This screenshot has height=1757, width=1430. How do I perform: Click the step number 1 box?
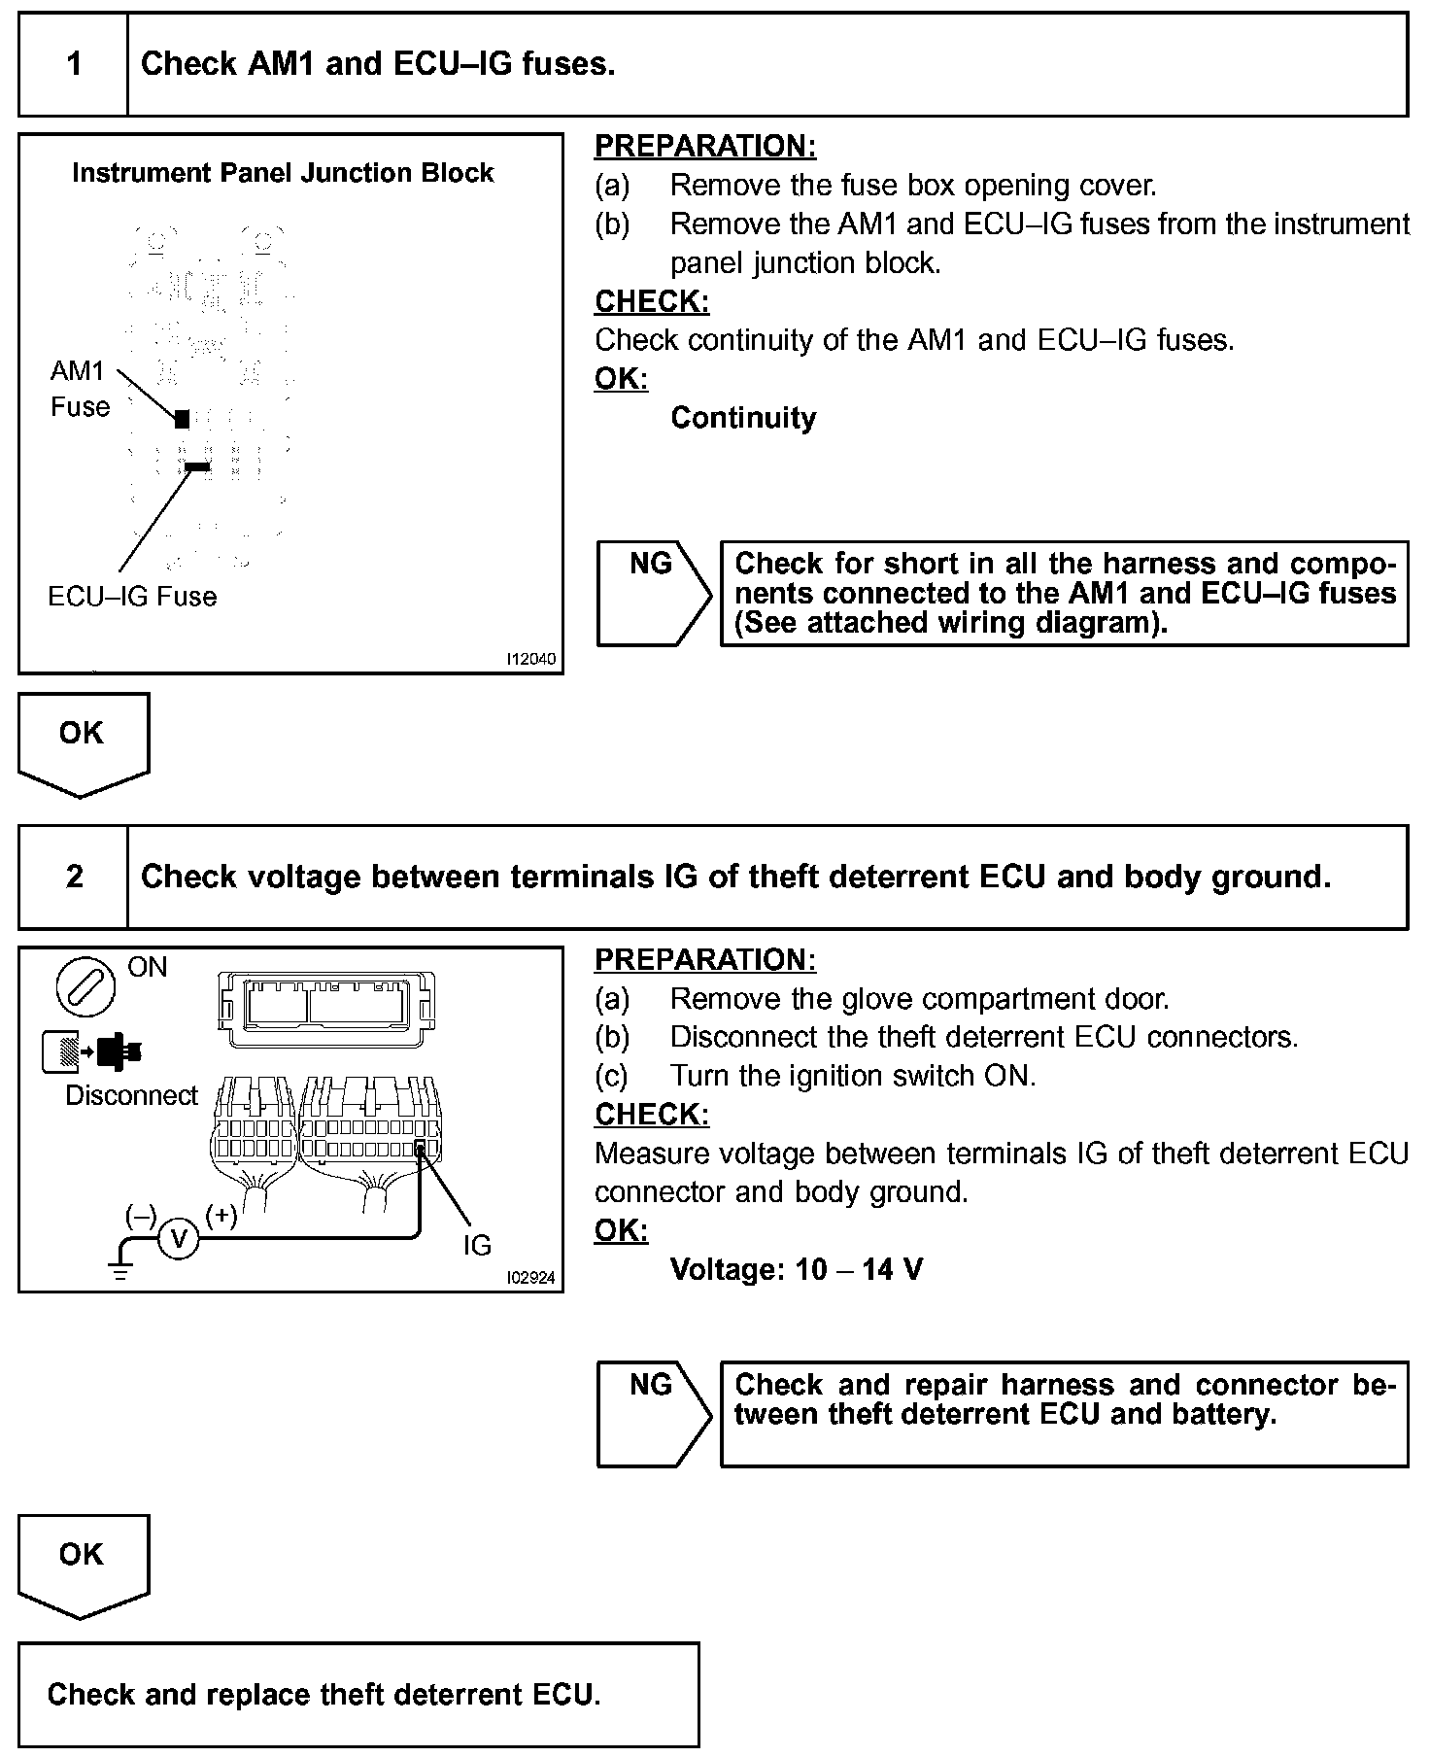pyautogui.click(x=74, y=64)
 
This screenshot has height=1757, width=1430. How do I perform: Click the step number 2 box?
pyautogui.click(x=74, y=877)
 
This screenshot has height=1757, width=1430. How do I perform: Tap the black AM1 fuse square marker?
pyautogui.click(x=182, y=419)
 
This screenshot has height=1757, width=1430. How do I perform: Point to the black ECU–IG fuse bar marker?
pyautogui.click(x=197, y=467)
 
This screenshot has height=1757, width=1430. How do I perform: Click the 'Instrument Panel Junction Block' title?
pyautogui.click(x=283, y=173)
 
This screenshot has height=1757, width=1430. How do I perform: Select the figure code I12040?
pyautogui.click(x=531, y=659)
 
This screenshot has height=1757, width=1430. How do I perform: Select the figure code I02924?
pyautogui.click(x=531, y=1278)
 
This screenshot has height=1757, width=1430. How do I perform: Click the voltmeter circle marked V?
pyautogui.click(x=178, y=1238)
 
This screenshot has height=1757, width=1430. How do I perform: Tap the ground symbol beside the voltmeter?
pyautogui.click(x=120, y=1264)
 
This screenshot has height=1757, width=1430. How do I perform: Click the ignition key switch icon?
pyautogui.click(x=85, y=986)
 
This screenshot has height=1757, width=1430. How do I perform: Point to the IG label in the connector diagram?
pyautogui.click(x=477, y=1245)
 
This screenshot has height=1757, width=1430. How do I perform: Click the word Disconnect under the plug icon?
pyautogui.click(x=131, y=1095)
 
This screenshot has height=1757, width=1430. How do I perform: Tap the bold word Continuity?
pyautogui.click(x=743, y=418)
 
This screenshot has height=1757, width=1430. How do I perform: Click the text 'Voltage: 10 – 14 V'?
pyautogui.click(x=797, y=1269)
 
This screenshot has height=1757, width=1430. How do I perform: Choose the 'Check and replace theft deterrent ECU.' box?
pyautogui.click(x=358, y=1694)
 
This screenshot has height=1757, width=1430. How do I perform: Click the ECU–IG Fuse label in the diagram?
pyautogui.click(x=132, y=596)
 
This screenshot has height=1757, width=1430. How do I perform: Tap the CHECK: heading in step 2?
pyautogui.click(x=652, y=1115)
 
